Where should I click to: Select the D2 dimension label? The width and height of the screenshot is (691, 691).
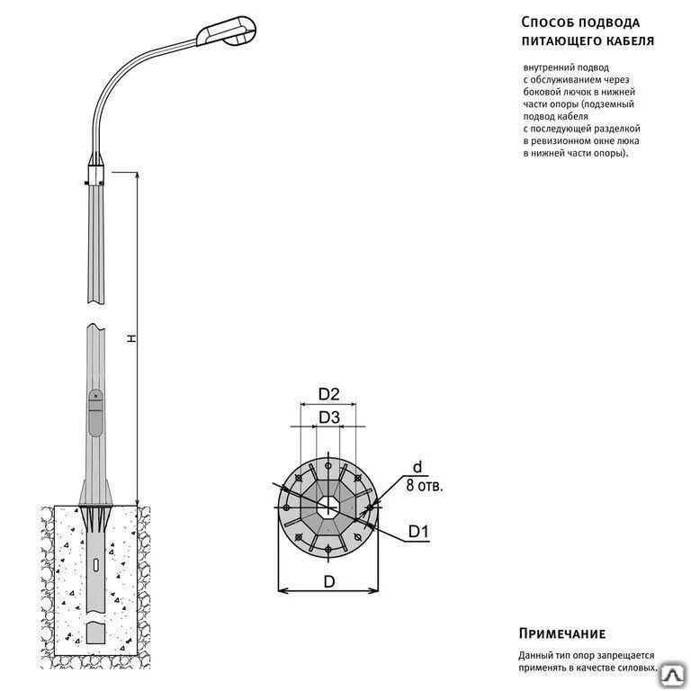328,393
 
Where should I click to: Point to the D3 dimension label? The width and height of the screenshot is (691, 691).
328,417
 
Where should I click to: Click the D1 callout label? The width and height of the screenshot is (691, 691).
418,533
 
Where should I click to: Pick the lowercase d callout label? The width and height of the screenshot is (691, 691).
417,466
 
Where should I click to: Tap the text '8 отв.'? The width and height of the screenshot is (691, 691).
425,486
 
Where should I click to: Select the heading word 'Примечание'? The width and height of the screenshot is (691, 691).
562,633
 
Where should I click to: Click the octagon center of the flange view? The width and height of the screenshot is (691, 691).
328,507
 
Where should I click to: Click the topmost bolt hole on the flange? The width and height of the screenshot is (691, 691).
328,466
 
